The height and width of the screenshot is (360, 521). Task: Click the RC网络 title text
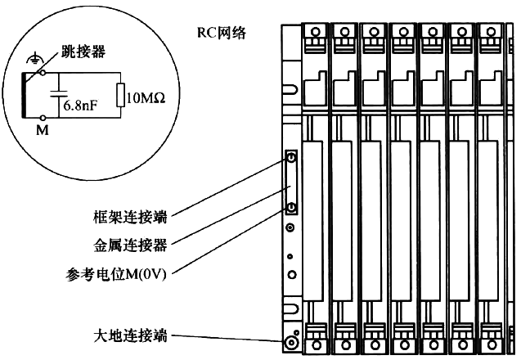222,33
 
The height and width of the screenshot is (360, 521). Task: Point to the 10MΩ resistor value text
148,96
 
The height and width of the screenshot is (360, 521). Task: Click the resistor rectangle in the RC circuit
122,95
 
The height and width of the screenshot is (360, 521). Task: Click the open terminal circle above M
43,117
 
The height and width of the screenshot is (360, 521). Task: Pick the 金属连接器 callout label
130,245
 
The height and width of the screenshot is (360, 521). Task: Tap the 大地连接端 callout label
130,335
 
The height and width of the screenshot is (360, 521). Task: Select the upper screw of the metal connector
291,156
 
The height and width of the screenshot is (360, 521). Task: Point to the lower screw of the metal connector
291,207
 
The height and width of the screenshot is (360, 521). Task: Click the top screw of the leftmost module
315,32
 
